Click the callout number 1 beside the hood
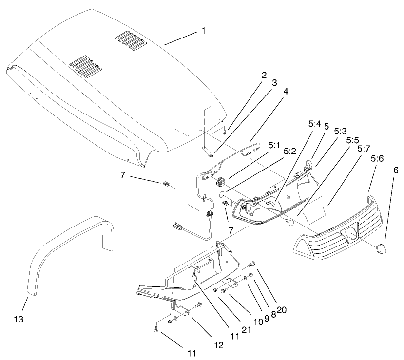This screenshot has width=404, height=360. point(203,31)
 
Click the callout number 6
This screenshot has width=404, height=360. point(395,170)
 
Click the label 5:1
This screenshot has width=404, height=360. point(274,145)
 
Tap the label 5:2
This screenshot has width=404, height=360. point(290,151)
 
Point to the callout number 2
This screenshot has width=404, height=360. point(264,75)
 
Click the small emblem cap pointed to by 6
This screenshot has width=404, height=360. point(380,249)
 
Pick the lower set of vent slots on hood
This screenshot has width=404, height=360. point(85,63)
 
